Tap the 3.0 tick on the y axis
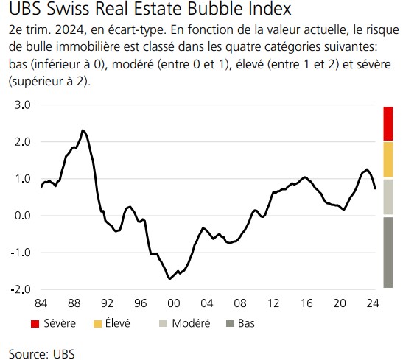[21, 105]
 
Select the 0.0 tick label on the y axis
[21, 216]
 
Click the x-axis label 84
[41, 303]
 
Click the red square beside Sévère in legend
[35, 322]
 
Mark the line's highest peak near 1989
[83, 130]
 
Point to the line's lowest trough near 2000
[170, 278]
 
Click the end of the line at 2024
[375, 188]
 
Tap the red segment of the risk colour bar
[388, 123]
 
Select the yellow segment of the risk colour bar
[388, 159]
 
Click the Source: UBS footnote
[41, 352]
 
